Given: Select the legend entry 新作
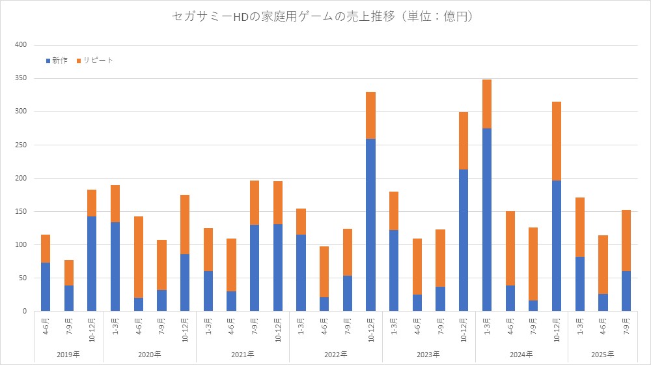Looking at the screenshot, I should point(57,61).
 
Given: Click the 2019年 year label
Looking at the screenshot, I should point(69,354).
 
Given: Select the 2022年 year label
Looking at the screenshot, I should point(336,354).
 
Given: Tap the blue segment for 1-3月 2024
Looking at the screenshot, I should point(487,220).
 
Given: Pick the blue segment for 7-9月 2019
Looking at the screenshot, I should point(69,299).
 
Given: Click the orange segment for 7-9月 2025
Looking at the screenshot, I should point(626,241).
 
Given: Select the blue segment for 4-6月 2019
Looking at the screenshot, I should point(46,287).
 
